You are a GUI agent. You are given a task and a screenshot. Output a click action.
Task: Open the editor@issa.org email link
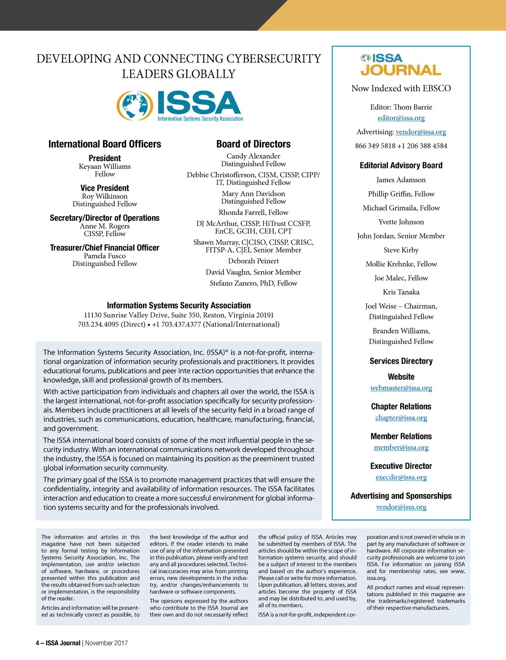[x=401, y=118]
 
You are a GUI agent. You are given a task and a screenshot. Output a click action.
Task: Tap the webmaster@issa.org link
[x=401, y=388]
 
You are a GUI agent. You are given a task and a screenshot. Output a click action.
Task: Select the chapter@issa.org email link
[x=401, y=418]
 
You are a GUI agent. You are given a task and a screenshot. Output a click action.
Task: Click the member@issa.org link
[x=401, y=447]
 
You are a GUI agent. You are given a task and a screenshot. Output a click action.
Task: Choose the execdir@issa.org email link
[x=401, y=477]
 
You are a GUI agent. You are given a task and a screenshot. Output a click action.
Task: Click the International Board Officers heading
[x=105, y=144]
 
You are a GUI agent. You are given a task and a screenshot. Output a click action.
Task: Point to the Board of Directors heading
[x=253, y=144]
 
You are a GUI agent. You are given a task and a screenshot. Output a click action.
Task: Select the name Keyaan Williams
[x=105, y=166]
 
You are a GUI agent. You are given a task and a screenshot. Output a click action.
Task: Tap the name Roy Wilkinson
[x=105, y=196]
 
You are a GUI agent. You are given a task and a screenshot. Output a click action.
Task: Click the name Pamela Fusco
[x=105, y=256]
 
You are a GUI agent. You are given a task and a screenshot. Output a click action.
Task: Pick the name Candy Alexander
[x=253, y=156]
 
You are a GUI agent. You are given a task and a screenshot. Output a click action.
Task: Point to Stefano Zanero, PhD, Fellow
[x=253, y=283]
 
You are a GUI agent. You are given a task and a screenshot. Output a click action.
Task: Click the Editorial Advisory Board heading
[x=401, y=165]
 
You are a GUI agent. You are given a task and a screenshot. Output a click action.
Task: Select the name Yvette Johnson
[x=401, y=222]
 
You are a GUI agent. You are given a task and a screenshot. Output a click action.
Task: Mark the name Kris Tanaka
[x=401, y=292]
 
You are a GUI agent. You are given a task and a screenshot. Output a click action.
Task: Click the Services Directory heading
[x=401, y=361]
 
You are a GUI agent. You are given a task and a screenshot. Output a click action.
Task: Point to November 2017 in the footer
[x=106, y=643]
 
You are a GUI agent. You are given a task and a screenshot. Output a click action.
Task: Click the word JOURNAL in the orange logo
[x=401, y=70]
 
